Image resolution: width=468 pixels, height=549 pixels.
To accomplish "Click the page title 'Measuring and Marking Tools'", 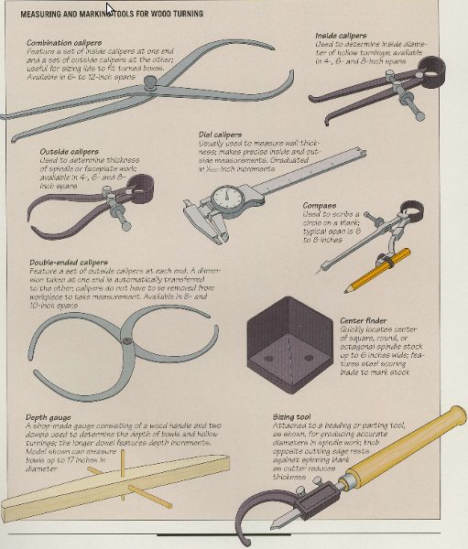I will (x=101, y=13).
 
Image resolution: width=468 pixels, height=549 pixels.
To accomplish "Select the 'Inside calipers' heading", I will (x=341, y=35).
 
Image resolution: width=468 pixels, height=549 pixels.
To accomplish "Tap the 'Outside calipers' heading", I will (x=70, y=151).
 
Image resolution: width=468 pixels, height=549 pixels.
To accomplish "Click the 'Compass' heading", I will (x=318, y=207).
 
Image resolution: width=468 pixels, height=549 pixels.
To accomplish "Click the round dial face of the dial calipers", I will (x=227, y=198).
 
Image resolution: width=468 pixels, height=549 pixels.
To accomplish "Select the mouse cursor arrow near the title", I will (x=111, y=8).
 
